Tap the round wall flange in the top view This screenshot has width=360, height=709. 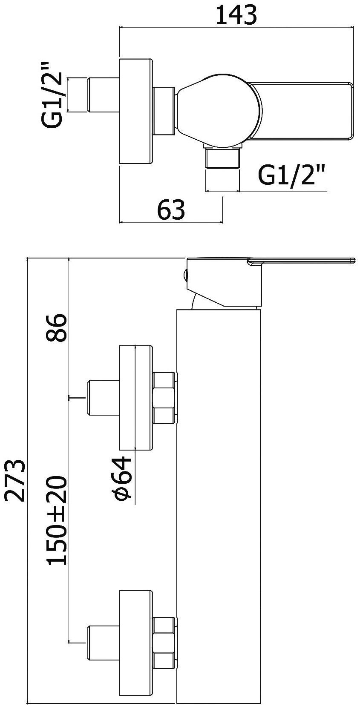[x=136, y=112]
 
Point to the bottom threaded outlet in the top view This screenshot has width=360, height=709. [x=222, y=158]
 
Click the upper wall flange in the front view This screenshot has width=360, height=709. [x=136, y=397]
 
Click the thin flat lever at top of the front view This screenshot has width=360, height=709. [x=302, y=261]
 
